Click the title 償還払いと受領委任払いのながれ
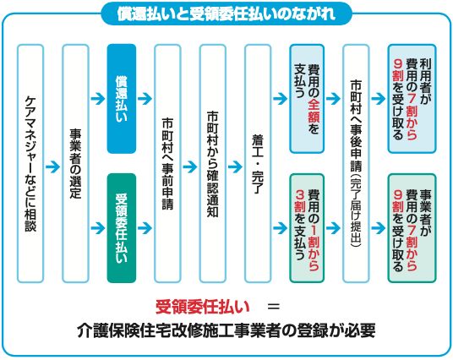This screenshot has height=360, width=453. pos(226,14)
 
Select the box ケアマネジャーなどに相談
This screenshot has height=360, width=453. pos(30,163)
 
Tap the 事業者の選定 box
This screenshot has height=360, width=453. pos(75,163)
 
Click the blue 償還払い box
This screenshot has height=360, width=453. pos(122,99)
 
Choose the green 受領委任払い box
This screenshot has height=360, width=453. pos(122,228)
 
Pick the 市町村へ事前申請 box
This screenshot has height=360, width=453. pos(167,163)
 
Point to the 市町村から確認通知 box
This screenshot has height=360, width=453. pos(213,163)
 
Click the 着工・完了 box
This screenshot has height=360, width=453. pos(258,163)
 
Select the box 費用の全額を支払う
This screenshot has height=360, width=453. pos(307,99)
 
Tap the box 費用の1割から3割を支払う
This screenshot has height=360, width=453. pos(307,228)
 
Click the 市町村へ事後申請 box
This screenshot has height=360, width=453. pos(356,163)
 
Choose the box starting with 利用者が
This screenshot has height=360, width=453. pos(412,99)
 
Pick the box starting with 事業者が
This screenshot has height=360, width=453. pos(412,228)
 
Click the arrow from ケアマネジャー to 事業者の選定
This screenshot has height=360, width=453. pos(53,166)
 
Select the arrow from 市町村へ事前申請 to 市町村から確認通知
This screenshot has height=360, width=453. pos(190,166)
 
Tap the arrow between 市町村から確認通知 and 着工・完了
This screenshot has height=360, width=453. pos(235,166)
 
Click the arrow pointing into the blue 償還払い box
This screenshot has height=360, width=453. pos(98,99)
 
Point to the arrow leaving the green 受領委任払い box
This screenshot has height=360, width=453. pos(145,228)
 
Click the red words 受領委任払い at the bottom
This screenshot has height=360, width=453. pos(202,307)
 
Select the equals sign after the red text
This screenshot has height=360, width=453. pos(274,307)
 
